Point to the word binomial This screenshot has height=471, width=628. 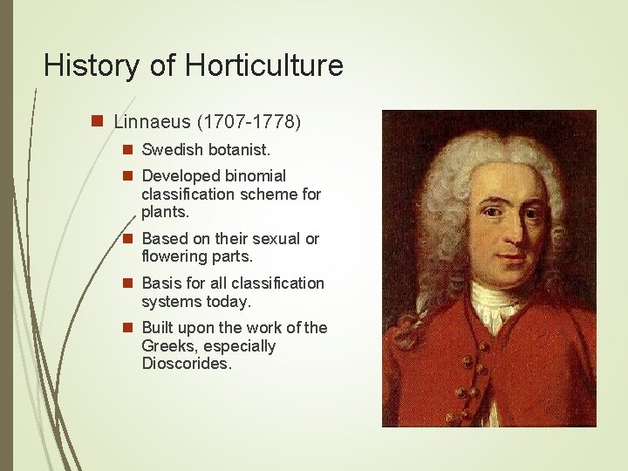(x=252, y=175)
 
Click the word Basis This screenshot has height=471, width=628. (x=160, y=283)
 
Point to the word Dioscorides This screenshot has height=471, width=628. (x=186, y=364)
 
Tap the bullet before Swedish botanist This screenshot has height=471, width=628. (x=128, y=150)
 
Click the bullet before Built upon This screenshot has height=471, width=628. (x=128, y=328)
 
